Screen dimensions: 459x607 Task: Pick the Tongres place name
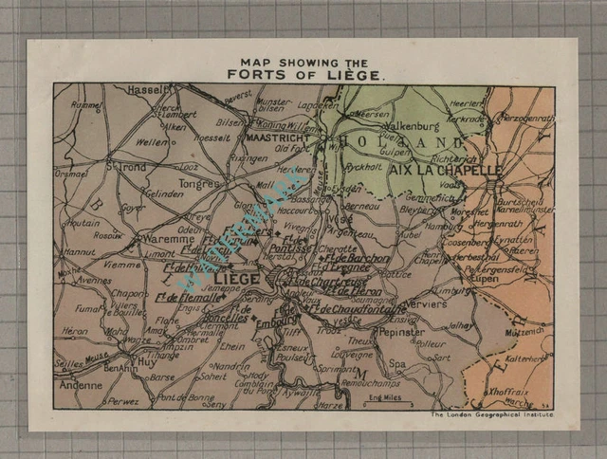pos(198,183)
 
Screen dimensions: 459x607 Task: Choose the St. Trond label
pos(126,167)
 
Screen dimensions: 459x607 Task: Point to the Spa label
pos(397,363)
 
